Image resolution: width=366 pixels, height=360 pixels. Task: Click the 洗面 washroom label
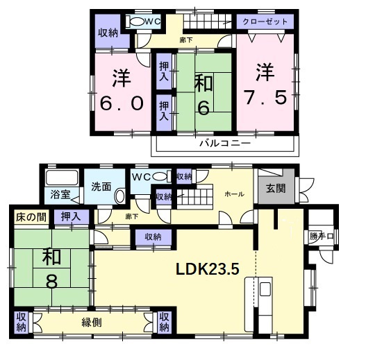pos(101,187)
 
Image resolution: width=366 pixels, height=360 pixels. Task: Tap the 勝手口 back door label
pos(322,237)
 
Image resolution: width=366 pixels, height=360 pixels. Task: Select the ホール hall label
pos(233,195)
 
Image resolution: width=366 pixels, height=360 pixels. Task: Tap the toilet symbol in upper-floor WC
pos(138,22)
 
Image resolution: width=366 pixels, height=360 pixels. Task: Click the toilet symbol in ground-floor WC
pos(161,176)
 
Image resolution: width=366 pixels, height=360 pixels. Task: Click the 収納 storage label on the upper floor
pos(108,31)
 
